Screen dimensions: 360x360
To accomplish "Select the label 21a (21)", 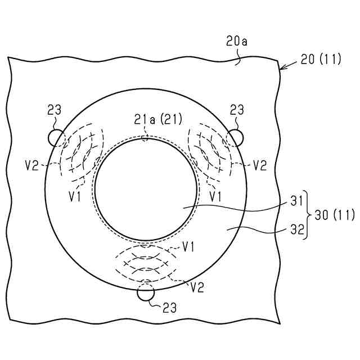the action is [x=147, y=119].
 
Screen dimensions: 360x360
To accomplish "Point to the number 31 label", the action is [x=298, y=200].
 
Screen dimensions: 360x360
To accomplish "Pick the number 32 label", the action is [x=298, y=229].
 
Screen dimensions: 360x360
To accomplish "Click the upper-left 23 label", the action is [x=55, y=110].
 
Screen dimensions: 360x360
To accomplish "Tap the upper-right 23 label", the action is [x=238, y=110].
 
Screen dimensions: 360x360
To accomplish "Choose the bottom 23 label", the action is [x=170, y=307].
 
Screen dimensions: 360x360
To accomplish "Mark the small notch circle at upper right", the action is [x=236, y=137].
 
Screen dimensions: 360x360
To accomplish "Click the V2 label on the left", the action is [x=32, y=165].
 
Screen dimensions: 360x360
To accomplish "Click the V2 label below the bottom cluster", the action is [x=196, y=287].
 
